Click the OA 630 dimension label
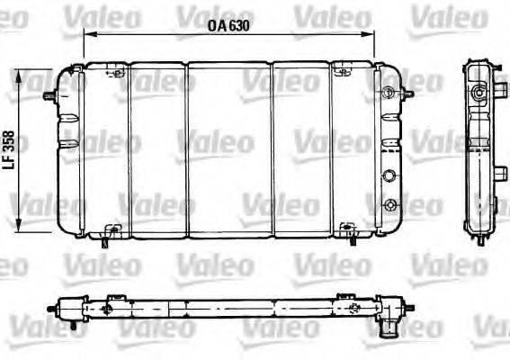pos(227,25)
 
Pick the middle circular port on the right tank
pos(389,176)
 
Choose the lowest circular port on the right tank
pos(389,205)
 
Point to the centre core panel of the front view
pos(228,151)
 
